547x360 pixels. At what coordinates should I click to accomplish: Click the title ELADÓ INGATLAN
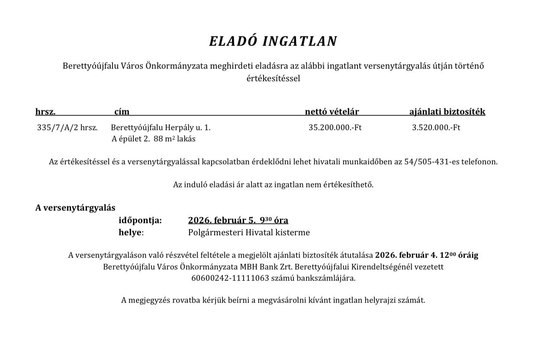pos(273,41)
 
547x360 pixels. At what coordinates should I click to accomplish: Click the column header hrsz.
pos(45,112)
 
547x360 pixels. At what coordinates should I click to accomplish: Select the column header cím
pos(122,112)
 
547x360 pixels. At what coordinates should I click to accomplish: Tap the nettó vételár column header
pos(332,112)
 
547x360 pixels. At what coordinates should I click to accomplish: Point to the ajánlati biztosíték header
pos(447,112)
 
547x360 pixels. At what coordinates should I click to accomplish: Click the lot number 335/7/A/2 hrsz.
pos(68,128)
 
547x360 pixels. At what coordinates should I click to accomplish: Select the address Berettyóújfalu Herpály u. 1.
pos(161,128)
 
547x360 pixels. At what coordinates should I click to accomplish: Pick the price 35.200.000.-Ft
pos(335,128)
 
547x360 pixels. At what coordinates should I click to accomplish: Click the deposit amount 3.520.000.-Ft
pos(436,128)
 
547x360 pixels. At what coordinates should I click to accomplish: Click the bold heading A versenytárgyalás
pos(75,208)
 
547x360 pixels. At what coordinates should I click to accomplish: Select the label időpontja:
pos(140,220)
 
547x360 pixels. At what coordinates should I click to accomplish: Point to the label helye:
pos(131,232)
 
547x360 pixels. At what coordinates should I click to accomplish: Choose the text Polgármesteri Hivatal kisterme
pos(249,232)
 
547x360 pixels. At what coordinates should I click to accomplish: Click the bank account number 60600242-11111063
pos(230,278)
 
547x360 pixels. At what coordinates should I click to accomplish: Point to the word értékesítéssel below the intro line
pos(273,78)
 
